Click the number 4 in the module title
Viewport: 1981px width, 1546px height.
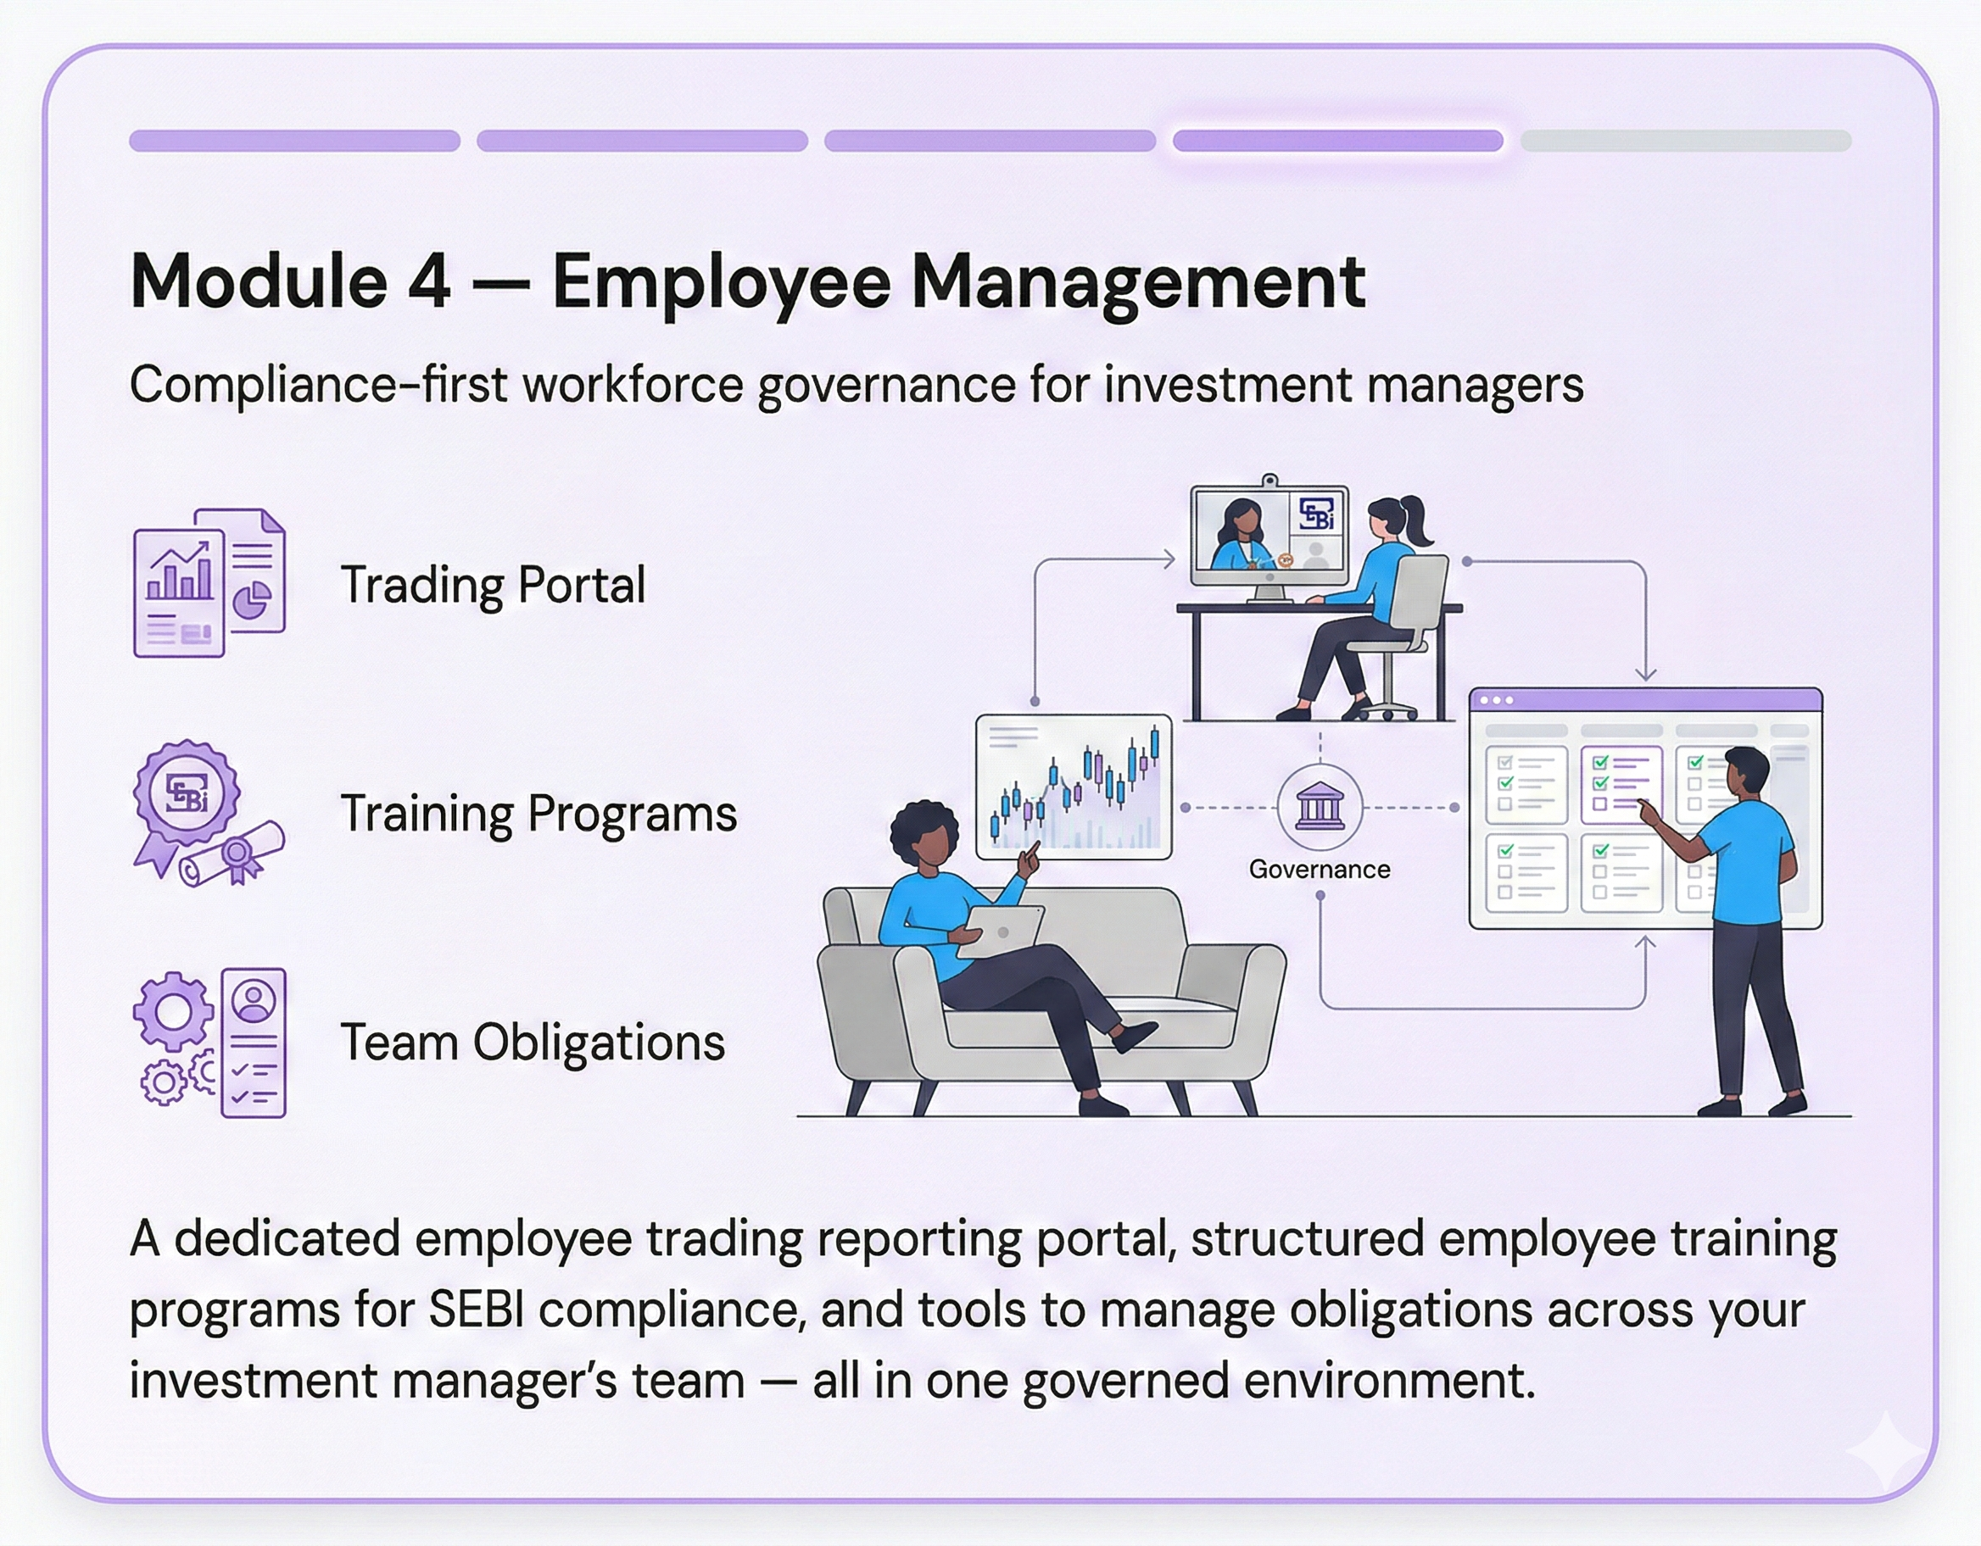click(428, 281)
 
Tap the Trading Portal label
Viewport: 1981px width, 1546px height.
click(494, 584)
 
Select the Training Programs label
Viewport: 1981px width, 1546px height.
click(538, 814)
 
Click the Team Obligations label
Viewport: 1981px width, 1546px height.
click(533, 1042)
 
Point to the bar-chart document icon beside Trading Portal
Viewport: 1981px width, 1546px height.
click(209, 582)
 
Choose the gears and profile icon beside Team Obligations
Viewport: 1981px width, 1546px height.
click(209, 1042)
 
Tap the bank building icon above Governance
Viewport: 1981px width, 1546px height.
click(1320, 806)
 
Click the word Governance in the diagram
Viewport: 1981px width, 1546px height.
click(1319, 870)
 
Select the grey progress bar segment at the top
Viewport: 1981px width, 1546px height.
click(1686, 141)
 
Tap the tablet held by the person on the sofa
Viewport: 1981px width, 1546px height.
click(998, 931)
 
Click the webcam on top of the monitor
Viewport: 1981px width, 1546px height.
click(1270, 481)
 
